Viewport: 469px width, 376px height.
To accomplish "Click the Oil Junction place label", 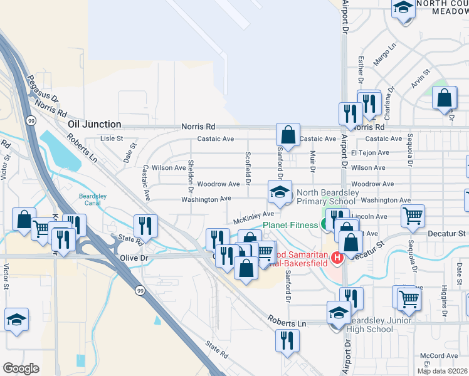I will [x=94, y=125].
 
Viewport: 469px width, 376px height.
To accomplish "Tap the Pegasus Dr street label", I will [x=43, y=90].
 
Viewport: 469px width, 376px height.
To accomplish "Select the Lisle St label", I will [x=112, y=138].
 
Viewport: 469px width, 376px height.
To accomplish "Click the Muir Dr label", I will [x=312, y=161].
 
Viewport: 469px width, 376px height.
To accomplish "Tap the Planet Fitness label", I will [x=291, y=224].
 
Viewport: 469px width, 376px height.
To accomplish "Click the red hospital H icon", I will [x=337, y=257].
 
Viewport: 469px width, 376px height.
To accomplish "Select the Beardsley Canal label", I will [x=93, y=199].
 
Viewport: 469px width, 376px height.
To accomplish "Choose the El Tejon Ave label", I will [x=370, y=153].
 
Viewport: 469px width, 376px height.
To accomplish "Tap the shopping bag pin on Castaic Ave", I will [x=287, y=134].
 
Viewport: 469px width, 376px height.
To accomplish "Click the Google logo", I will [x=21, y=368].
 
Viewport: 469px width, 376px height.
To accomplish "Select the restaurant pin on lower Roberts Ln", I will [x=287, y=340].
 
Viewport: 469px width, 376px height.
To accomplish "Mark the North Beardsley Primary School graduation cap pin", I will [x=280, y=192].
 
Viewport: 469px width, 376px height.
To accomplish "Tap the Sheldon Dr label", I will [x=189, y=177].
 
